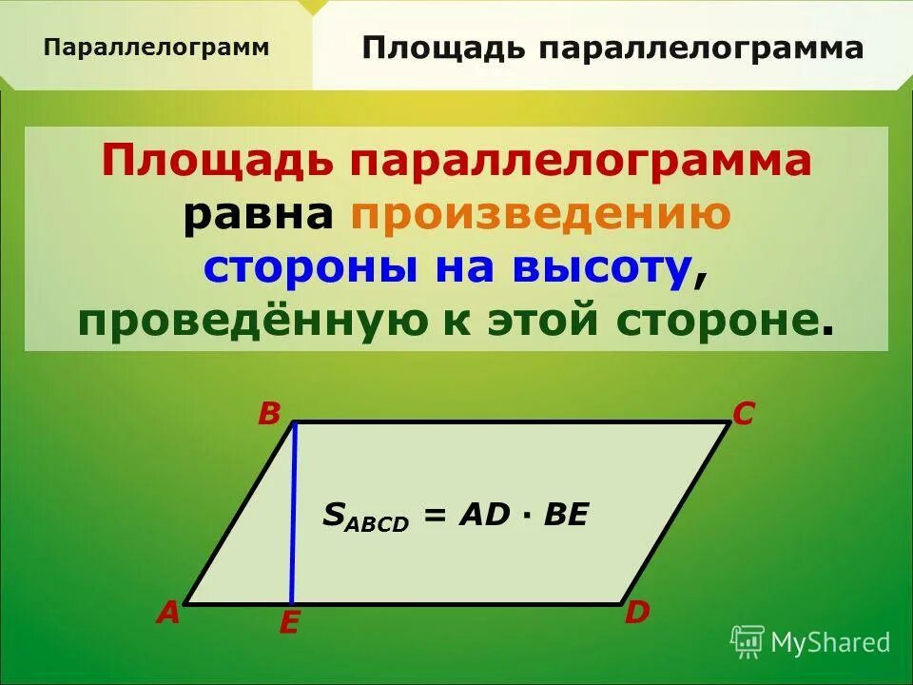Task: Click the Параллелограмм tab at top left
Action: pyautogui.click(x=156, y=48)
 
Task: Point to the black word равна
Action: pyautogui.click(x=258, y=216)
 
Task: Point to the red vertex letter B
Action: pyautogui.click(x=269, y=414)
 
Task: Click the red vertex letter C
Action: pyautogui.click(x=743, y=414)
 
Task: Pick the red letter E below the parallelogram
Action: pyautogui.click(x=289, y=624)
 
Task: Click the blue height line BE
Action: pyautogui.click(x=294, y=514)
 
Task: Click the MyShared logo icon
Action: pyautogui.click(x=748, y=641)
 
